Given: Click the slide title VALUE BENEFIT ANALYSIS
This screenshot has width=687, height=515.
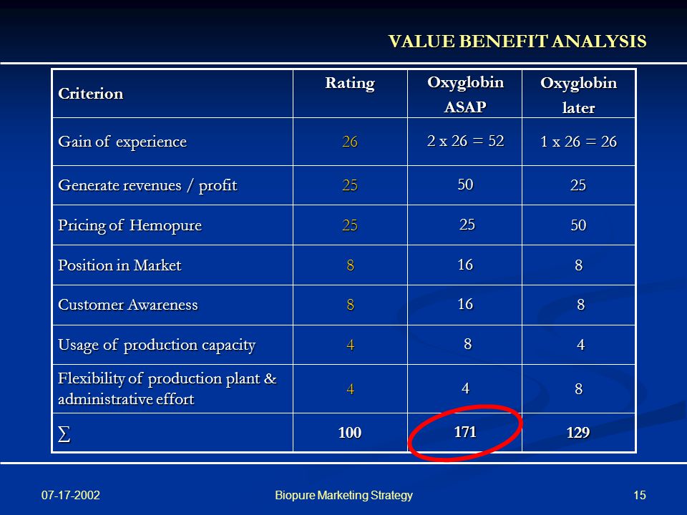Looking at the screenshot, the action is coord(517,41).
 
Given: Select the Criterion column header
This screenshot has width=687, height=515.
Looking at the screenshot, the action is coord(91,93).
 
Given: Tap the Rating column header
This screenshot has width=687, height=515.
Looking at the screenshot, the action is coord(350,83).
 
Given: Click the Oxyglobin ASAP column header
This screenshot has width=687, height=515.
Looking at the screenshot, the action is coord(465,94).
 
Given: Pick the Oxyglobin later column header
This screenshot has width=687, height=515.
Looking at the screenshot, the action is coord(578,95).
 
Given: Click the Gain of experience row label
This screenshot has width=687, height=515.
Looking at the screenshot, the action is coord(122,142).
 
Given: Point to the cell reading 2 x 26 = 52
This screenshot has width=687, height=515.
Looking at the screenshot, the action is coord(465,141).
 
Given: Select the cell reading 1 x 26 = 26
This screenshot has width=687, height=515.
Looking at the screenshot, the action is coord(578,142).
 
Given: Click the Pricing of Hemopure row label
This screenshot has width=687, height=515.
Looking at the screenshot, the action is coord(130,225).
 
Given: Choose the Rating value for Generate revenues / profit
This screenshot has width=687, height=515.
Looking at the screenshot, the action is coord(350,185).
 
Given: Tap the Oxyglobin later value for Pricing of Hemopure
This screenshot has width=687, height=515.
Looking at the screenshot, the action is coord(578,225).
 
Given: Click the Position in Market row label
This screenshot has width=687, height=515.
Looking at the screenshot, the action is coord(120,265).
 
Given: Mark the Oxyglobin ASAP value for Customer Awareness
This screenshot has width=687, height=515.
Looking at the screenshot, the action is coord(465,304).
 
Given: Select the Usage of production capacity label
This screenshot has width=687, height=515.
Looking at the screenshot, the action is coord(157,345).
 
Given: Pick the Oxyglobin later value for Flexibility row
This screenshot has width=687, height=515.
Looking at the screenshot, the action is coord(578,389).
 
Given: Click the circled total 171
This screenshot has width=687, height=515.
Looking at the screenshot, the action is coord(465,432).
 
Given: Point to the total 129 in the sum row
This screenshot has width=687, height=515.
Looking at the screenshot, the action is coord(578,433).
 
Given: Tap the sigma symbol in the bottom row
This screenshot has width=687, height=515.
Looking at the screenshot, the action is coord(64,434).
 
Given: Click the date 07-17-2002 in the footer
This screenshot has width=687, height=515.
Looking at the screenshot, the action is coord(71,495).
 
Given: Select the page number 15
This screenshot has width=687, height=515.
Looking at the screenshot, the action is coord(640,495).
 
